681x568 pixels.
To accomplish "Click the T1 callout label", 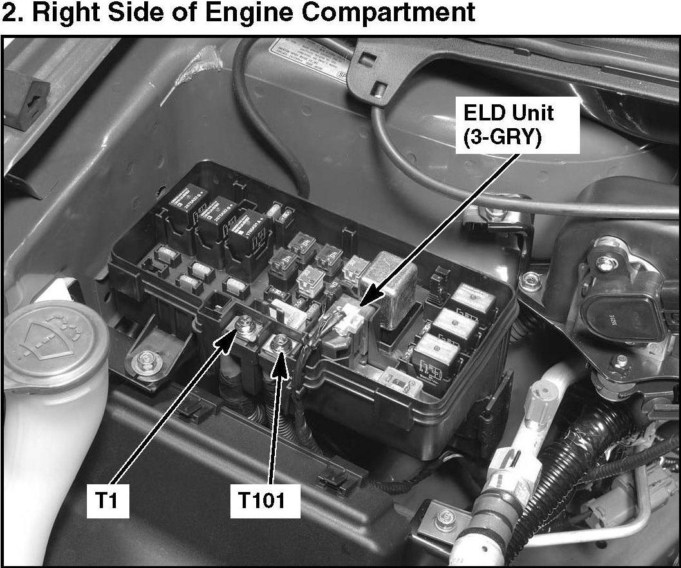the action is tap(107, 500).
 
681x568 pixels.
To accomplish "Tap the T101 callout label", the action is tap(265, 500).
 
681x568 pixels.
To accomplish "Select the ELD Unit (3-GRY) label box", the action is tap(518, 125).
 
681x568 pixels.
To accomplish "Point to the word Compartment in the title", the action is tap(388, 12).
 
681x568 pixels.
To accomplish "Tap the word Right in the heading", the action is tap(65, 13).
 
